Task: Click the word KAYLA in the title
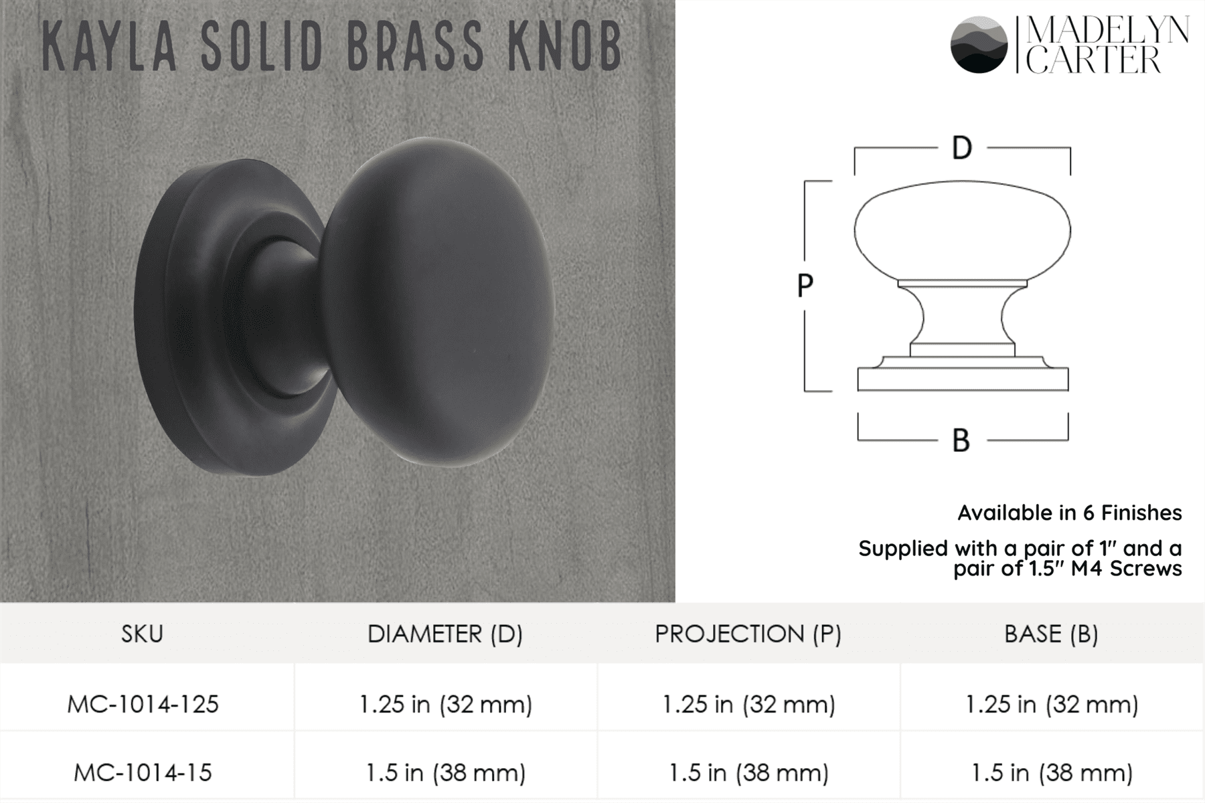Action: pyautogui.click(x=109, y=47)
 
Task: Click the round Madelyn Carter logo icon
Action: pyautogui.click(x=978, y=44)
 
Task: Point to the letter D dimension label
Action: pyautogui.click(x=962, y=148)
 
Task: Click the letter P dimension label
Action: pyautogui.click(x=805, y=286)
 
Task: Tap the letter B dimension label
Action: pyautogui.click(x=961, y=441)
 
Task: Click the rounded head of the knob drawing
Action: pyautogui.click(x=962, y=231)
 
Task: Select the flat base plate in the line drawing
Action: pyautogui.click(x=963, y=379)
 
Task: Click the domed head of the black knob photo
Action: pyautogui.click(x=442, y=301)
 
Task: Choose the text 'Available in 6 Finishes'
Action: pyautogui.click(x=1069, y=513)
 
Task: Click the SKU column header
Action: pyautogui.click(x=142, y=634)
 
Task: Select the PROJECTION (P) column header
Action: pyautogui.click(x=748, y=634)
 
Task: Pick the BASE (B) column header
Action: pyautogui.click(x=1051, y=634)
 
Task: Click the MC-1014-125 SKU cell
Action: pyautogui.click(x=143, y=705)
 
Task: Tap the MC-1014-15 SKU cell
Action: pyautogui.click(x=143, y=773)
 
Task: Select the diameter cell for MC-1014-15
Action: pyautogui.click(x=445, y=773)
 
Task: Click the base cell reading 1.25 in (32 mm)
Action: pyautogui.click(x=1051, y=705)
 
